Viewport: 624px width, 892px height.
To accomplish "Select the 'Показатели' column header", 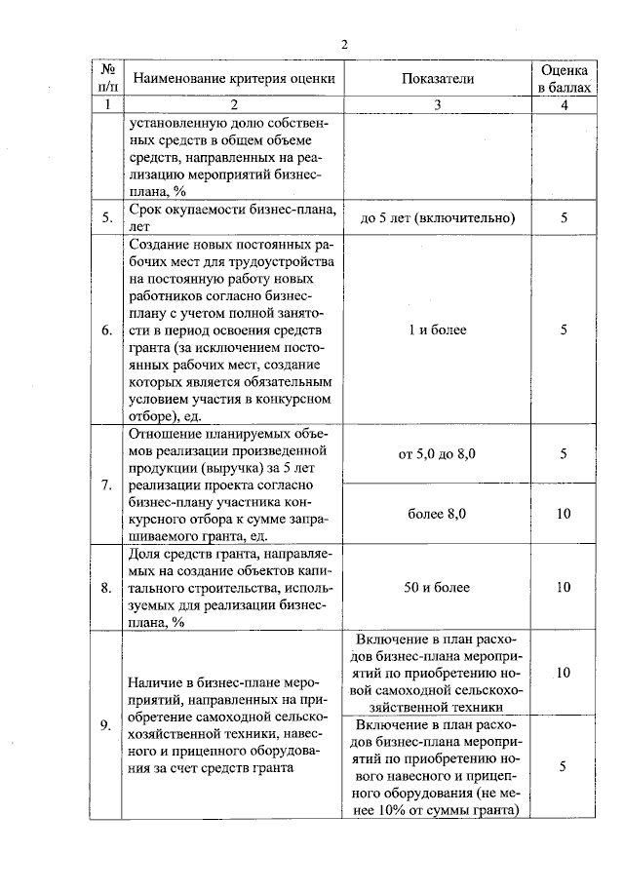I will click(437, 79).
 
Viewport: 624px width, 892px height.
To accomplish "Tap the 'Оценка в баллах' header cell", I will click(564, 79).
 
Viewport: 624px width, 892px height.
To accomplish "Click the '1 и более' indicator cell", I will click(437, 330).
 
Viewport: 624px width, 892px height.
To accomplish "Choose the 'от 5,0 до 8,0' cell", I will click(437, 454).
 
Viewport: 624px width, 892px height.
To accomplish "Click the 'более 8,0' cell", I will click(437, 514).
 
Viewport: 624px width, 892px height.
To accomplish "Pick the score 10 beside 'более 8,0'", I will click(564, 514).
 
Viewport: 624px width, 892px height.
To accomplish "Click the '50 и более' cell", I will click(437, 587).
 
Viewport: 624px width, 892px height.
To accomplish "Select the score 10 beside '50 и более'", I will click(564, 587).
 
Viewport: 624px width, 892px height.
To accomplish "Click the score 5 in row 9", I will click(564, 767).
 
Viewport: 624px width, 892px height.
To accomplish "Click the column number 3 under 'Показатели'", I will click(437, 104).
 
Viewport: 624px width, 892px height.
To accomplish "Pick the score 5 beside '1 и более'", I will click(564, 330).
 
